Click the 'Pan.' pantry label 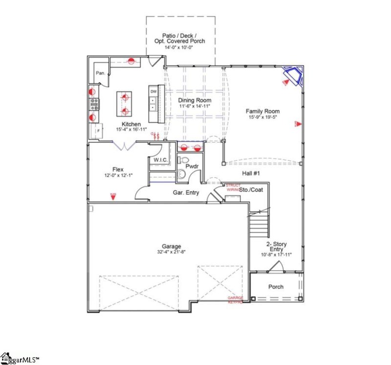coord(101,73)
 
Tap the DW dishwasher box coord(153,91)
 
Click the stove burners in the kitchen coord(94,103)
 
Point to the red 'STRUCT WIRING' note coord(233,187)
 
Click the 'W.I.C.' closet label coord(161,160)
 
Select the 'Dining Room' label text coord(195,100)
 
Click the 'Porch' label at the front coord(276,287)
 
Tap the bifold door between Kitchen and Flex coord(125,145)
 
